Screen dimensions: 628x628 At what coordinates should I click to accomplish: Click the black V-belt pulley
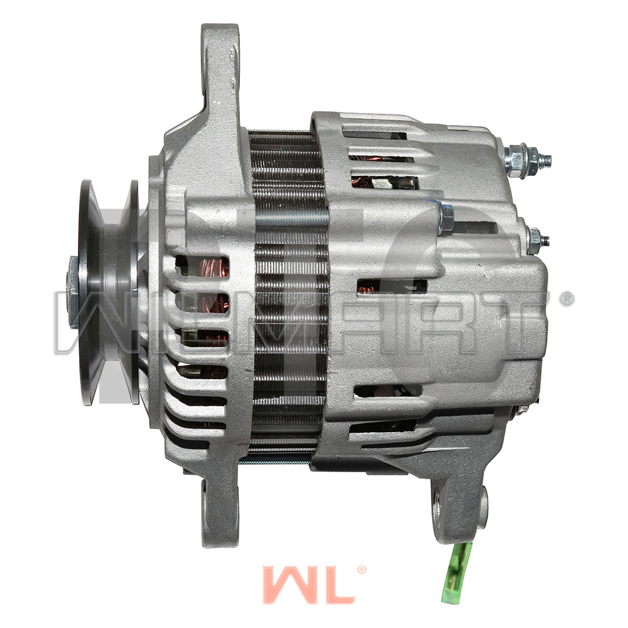[108, 293]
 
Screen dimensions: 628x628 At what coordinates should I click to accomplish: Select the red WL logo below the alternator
[308, 585]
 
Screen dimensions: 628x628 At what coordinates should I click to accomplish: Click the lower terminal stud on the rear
[537, 239]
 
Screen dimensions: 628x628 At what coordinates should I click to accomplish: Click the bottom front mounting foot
[219, 509]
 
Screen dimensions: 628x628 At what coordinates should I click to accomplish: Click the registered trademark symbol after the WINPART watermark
[566, 299]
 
